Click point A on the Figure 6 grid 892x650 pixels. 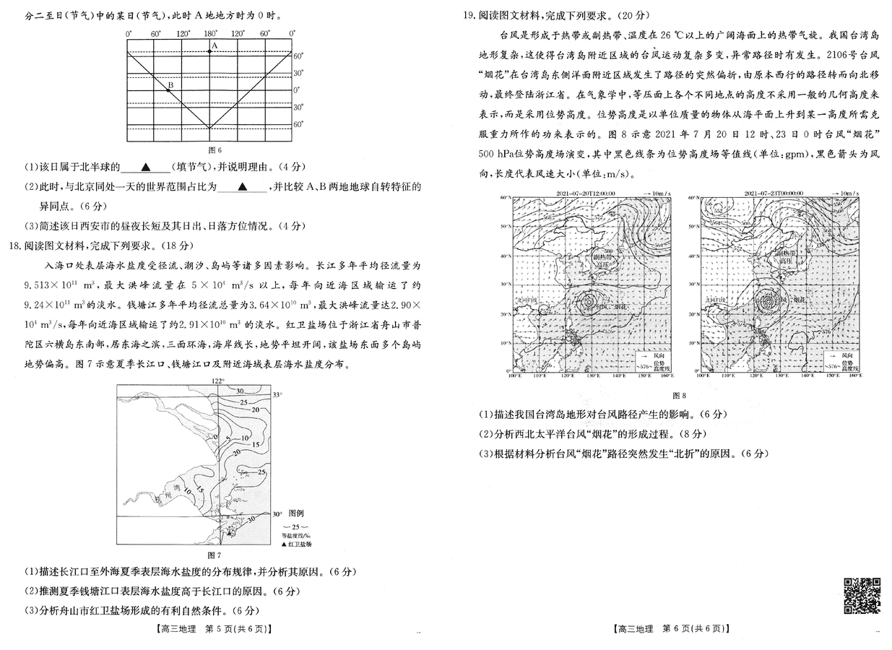tap(210, 52)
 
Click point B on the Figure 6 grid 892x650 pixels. tap(168, 91)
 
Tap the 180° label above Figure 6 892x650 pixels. tap(210, 34)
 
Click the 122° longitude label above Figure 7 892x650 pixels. tap(218, 380)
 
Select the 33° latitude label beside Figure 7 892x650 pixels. tap(277, 394)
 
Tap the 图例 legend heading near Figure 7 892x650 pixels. tap(297, 513)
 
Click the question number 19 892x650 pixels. tap(468, 14)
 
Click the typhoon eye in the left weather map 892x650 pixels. tap(587, 300)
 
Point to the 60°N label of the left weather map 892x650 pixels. tap(506, 198)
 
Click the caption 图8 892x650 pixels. tap(678, 395)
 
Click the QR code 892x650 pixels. tap(862, 596)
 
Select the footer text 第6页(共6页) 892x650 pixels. tap(693, 629)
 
